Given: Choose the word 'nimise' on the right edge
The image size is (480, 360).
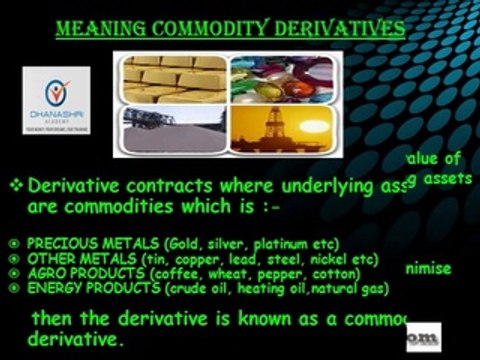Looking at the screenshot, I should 428,268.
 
